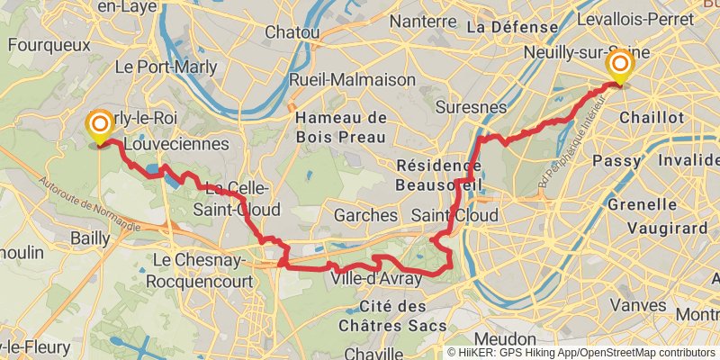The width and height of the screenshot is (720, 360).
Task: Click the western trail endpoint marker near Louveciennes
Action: [98, 125]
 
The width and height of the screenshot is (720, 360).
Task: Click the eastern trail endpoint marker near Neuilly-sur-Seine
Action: [619, 66]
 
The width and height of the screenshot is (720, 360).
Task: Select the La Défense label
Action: [501, 27]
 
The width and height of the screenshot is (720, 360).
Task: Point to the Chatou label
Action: [292, 32]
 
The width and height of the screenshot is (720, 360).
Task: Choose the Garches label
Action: [365, 216]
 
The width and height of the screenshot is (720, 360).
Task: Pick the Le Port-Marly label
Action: [150, 67]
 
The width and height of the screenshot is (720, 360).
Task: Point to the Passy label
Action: [616, 160]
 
